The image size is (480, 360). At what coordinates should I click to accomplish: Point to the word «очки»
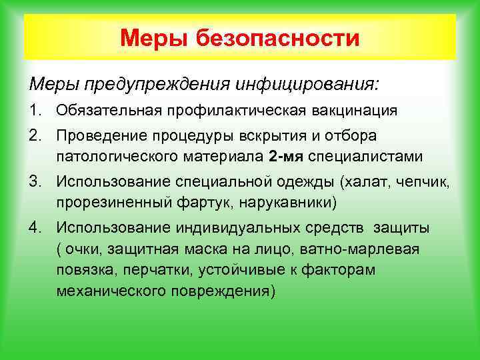click(x=82, y=249)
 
